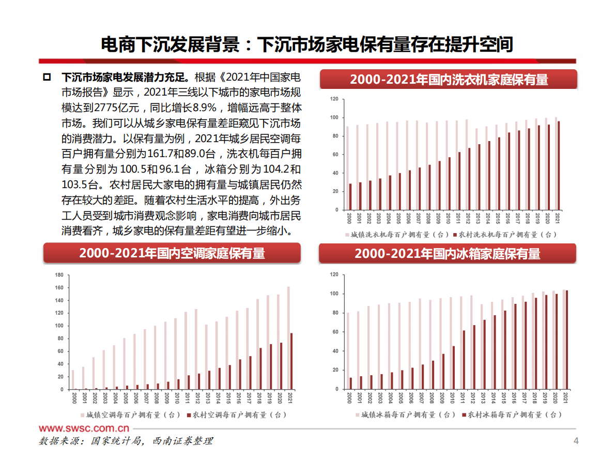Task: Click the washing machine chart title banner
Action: pos(449,80)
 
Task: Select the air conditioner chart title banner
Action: pos(172,253)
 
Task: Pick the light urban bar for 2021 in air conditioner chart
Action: pos(288,338)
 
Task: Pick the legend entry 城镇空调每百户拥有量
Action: pos(130,414)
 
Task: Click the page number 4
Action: pos(576,441)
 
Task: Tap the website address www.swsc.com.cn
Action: pos(84,428)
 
